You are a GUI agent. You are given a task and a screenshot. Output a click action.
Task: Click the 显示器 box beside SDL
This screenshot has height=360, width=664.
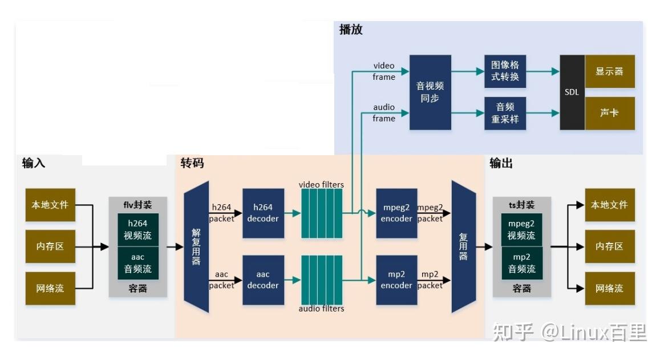[610, 71]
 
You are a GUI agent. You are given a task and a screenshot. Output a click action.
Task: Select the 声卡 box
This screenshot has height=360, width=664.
[610, 113]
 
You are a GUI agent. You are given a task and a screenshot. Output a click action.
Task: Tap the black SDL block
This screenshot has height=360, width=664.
[572, 92]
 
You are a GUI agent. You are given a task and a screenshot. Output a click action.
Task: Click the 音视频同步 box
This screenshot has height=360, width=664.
[430, 92]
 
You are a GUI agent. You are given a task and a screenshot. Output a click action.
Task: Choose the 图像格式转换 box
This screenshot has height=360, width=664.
[505, 71]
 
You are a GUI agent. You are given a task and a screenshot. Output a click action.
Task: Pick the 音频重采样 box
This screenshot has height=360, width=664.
[505, 113]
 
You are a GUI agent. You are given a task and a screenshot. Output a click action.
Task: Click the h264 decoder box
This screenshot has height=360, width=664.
[263, 213]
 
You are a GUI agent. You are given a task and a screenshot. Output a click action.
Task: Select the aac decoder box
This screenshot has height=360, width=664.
[263, 280]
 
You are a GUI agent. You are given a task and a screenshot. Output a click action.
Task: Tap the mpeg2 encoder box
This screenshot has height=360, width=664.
[396, 213]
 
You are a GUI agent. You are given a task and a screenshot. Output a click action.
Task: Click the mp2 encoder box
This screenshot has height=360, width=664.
[396, 280]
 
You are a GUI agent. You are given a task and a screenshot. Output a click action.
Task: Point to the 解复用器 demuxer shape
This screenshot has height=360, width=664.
[196, 247]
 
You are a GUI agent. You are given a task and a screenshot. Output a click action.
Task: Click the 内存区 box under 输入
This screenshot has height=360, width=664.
[50, 246]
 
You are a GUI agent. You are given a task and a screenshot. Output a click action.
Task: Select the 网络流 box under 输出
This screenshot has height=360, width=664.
[610, 288]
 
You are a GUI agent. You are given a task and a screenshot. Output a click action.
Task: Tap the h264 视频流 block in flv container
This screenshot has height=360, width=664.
[138, 229]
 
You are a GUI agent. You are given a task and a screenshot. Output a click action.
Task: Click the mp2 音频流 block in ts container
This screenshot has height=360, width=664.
[522, 263]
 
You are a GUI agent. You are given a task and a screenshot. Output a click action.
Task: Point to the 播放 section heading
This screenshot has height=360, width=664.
[351, 30]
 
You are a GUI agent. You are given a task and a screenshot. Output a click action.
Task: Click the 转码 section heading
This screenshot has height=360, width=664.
[192, 164]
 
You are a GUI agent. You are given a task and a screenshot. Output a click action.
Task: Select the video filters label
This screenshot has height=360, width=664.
[321, 185]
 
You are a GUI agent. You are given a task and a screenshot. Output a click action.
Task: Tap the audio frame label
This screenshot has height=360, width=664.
[384, 113]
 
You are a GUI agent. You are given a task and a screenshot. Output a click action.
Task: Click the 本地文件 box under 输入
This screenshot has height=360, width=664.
[50, 205]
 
